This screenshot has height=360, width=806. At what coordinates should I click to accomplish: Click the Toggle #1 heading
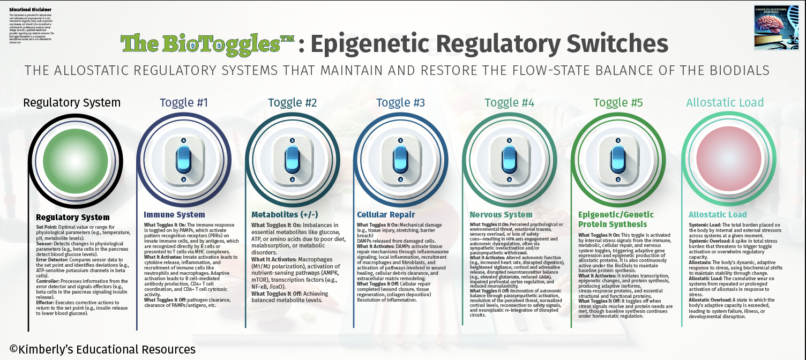[x=184, y=103]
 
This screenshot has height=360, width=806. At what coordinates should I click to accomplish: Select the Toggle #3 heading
[x=400, y=103]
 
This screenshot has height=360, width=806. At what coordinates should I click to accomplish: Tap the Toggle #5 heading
[x=618, y=103]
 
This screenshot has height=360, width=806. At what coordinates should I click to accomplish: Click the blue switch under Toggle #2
[x=292, y=159]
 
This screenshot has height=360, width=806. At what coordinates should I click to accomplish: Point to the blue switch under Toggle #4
[x=509, y=159]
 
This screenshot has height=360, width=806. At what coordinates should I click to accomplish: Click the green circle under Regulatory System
[x=71, y=159]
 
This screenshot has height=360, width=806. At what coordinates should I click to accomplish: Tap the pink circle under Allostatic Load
[x=726, y=159]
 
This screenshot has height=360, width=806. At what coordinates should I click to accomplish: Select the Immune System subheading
[x=175, y=215]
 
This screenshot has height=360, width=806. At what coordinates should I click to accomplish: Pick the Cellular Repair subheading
[x=386, y=215]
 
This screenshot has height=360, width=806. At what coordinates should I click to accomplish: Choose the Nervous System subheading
[x=501, y=215]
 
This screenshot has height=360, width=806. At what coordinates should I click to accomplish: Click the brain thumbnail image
[x=776, y=27]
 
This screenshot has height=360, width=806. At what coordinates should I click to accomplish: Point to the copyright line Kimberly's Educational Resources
[x=102, y=350]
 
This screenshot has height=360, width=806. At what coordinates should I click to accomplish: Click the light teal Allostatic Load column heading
[x=725, y=103]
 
